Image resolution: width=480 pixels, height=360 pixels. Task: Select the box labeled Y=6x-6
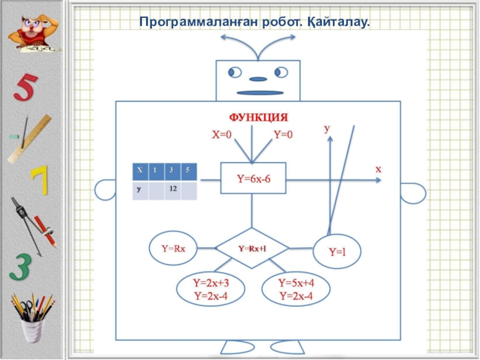253,178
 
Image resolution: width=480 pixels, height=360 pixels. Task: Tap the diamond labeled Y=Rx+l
252,248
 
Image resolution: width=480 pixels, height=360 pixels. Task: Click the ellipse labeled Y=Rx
173,248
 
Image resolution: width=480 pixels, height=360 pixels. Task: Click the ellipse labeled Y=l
337,251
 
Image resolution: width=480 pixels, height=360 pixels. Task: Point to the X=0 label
221,135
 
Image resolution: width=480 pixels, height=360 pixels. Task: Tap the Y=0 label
283,135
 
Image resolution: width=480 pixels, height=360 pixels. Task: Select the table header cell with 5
188,171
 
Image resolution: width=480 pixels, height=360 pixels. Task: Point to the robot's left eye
234,73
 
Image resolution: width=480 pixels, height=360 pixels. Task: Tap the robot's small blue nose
257,79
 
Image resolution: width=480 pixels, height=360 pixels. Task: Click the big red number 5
27,89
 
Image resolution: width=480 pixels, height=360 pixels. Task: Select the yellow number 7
39,181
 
